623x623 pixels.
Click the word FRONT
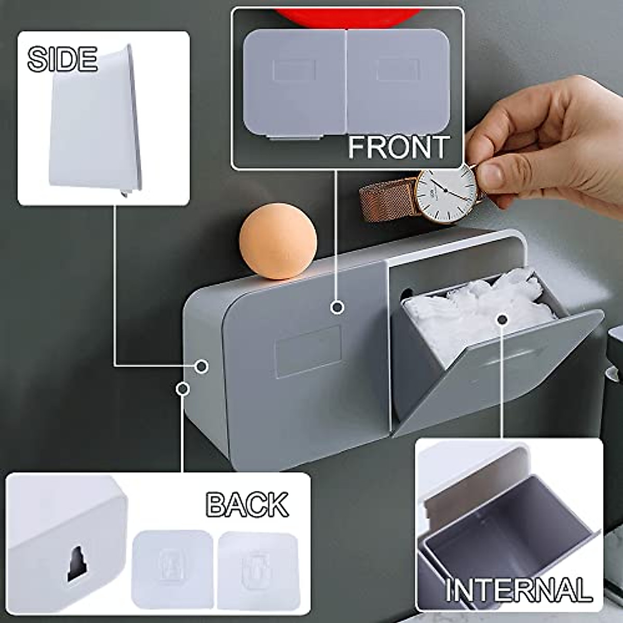click(398, 147)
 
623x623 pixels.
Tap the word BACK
click(247, 504)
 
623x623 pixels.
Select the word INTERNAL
click(519, 590)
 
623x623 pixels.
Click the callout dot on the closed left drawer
click(337, 307)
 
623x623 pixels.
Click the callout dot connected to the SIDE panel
click(202, 366)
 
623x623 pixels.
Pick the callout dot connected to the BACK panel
click(182, 388)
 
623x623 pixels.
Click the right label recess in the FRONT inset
click(398, 70)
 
